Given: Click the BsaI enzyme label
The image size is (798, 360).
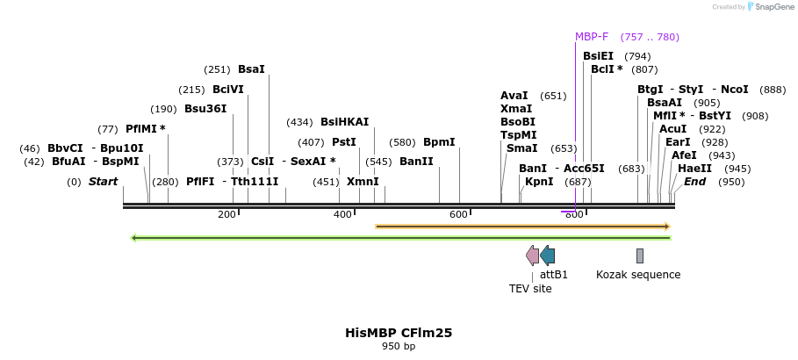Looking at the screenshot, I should [251, 68].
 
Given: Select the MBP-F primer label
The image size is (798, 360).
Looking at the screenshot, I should [592, 37].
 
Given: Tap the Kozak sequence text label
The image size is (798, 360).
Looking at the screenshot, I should [638, 275].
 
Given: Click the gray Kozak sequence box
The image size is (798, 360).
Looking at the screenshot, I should [640, 256].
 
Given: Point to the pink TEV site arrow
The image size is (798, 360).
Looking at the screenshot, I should [532, 256].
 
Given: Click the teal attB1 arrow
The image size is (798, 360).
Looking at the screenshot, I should [547, 256].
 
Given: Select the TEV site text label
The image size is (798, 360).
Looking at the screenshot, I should [530, 288].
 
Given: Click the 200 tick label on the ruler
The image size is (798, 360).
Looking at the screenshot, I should [226, 215].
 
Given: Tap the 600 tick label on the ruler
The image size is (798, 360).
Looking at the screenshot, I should [458, 215].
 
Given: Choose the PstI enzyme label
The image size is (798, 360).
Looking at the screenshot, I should [344, 141].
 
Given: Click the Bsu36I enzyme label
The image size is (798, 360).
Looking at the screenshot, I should [205, 109].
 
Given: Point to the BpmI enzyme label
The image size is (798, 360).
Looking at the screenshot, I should [439, 141].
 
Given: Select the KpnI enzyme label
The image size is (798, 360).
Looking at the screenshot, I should [539, 182].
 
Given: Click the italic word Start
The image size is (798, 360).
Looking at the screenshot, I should [103, 182].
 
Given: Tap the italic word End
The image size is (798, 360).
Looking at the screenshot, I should [694, 182].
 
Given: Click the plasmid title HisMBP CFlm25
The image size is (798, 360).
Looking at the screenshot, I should [399, 333].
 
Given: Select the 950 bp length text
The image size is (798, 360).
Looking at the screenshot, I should [399, 347].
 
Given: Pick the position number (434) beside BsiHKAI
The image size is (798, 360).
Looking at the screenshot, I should [299, 122].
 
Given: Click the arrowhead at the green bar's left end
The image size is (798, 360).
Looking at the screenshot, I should [133, 237].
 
